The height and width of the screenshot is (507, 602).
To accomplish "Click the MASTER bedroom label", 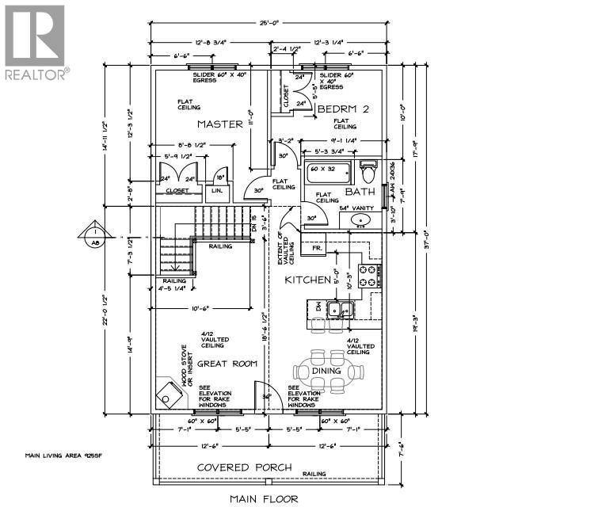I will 219,124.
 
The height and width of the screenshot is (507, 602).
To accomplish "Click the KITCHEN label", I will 307,280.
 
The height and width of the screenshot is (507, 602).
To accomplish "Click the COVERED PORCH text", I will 244,467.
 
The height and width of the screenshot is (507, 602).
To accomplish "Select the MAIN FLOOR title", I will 264,498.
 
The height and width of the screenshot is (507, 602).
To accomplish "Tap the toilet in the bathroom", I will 367,170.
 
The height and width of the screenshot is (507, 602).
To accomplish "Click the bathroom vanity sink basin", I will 360,220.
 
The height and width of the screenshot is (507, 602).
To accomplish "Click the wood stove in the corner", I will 169,391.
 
